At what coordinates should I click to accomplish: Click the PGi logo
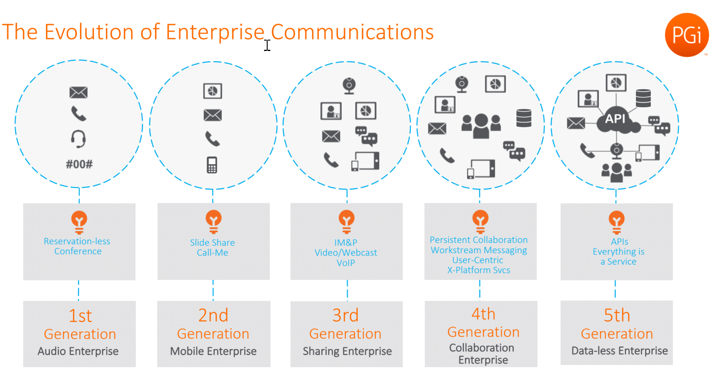point(687,35)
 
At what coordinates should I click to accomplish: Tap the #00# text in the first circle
point(79,164)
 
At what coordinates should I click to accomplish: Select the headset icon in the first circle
point(79,139)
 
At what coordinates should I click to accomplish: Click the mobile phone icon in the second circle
point(212,165)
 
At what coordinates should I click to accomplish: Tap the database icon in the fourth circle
point(524,118)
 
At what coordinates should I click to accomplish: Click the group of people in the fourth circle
point(481,125)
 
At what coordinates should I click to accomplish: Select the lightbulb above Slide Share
point(213,221)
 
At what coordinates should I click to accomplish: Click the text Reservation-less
point(77,241)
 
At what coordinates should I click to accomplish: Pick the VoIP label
point(346,263)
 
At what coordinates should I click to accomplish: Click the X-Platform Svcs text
point(479,270)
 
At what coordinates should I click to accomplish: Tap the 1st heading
point(80,316)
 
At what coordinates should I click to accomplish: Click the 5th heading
point(617,315)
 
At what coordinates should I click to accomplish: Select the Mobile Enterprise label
point(213,351)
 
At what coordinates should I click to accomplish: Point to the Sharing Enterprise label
point(347,351)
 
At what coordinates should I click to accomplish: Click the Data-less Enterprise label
point(620,350)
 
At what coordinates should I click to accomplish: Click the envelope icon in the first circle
point(78,92)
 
